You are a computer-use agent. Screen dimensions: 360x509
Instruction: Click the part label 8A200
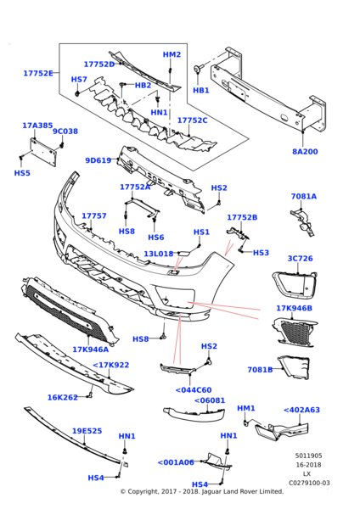coord(305,152)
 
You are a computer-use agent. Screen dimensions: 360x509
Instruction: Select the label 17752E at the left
coord(38,73)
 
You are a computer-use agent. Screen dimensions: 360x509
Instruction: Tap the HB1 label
coord(201,90)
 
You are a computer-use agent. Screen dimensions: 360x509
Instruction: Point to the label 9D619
coord(98,160)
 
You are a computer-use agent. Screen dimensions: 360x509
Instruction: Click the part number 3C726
coord(301,259)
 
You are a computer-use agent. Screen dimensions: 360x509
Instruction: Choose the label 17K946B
coord(294,308)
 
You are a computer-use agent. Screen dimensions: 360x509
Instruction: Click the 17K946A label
coord(90,350)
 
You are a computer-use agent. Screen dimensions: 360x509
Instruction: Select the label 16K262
coord(63,397)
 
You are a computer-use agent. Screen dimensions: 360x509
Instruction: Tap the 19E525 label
coord(87,431)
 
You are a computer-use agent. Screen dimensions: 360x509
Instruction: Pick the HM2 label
coord(172,54)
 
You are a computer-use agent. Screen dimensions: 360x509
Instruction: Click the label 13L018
coord(159,254)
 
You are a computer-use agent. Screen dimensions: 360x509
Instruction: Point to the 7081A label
coord(304,196)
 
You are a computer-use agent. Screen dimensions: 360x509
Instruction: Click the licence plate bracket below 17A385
coord(43,152)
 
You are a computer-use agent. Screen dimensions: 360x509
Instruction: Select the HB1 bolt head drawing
coord(198,68)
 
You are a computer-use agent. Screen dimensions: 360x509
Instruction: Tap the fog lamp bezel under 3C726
coord(295,285)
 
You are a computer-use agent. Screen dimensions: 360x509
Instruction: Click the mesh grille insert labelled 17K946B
coord(295,333)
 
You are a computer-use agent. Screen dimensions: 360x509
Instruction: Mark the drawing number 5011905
coord(309,456)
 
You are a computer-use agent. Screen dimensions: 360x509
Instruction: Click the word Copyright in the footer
coord(142,491)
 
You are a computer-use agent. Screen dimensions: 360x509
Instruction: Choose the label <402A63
coord(302,410)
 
